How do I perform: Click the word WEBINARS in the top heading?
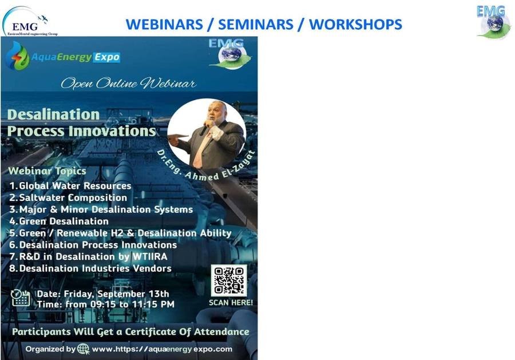tap(164, 25)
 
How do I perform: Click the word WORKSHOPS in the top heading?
tap(356, 25)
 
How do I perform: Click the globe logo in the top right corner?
tap(493, 23)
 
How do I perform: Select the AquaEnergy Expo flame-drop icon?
tap(18, 56)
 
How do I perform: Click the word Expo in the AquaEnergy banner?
tap(107, 57)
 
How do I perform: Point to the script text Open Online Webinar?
tap(129, 84)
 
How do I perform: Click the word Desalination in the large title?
tap(54, 114)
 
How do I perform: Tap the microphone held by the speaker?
tap(205, 128)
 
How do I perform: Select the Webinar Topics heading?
tap(47, 171)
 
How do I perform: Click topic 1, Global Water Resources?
tap(70, 186)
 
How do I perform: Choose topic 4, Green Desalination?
tap(59, 221)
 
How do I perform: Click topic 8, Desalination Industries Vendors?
tap(90, 268)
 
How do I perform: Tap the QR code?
tap(229, 281)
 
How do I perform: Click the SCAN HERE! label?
tap(231, 303)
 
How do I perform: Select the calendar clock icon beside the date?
tap(21, 298)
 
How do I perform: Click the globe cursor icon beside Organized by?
tap(84, 349)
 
